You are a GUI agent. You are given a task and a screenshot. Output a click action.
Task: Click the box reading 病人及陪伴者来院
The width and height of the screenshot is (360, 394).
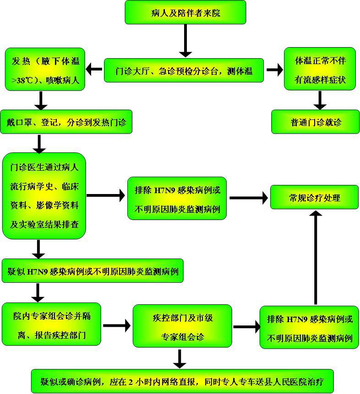(185, 12)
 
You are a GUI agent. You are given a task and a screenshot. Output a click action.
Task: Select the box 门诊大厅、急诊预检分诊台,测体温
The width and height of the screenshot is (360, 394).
(184, 70)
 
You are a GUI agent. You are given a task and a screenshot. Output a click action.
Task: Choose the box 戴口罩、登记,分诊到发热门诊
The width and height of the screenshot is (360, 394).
(66, 122)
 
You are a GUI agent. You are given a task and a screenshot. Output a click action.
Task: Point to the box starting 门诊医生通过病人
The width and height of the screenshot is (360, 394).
(44, 195)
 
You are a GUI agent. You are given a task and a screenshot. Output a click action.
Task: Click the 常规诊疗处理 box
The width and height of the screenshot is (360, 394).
(314, 198)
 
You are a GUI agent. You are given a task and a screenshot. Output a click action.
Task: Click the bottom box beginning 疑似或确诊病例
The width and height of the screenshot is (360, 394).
(182, 381)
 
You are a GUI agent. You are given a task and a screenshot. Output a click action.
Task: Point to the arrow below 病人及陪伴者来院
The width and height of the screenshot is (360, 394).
(185, 41)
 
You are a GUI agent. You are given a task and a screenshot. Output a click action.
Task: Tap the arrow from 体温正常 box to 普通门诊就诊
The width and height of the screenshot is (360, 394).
(320, 99)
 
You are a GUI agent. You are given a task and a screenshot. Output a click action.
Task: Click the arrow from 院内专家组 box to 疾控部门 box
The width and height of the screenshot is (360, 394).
(116, 326)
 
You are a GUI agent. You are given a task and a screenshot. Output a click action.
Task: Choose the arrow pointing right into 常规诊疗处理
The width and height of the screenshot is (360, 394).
(248, 198)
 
